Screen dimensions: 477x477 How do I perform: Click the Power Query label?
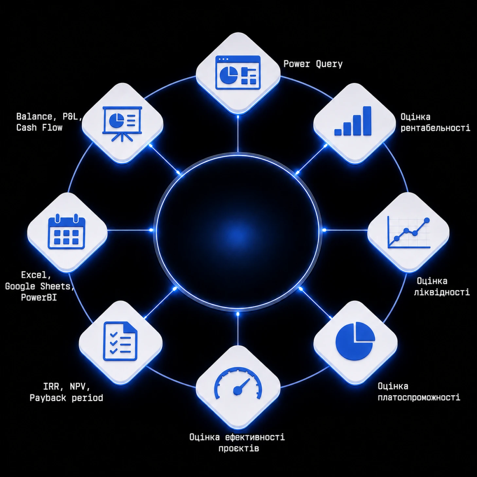click(x=313, y=64)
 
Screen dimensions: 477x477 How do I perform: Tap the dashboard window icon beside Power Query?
click(x=238, y=72)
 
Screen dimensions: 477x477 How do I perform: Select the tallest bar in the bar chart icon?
click(x=367, y=121)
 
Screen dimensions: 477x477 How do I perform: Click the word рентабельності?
click(x=435, y=128)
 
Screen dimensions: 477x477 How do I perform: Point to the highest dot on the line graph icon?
click(x=427, y=220)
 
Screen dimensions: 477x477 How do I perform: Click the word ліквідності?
click(x=442, y=292)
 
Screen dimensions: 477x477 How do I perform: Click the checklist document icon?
click(x=120, y=341)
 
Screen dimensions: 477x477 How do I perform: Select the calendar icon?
click(x=67, y=232)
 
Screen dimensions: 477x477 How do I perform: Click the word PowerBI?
click(x=39, y=297)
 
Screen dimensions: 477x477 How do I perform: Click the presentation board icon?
click(x=122, y=124)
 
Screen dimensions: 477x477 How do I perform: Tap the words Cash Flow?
click(x=39, y=128)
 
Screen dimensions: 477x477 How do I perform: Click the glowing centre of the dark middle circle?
click(x=238, y=231)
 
